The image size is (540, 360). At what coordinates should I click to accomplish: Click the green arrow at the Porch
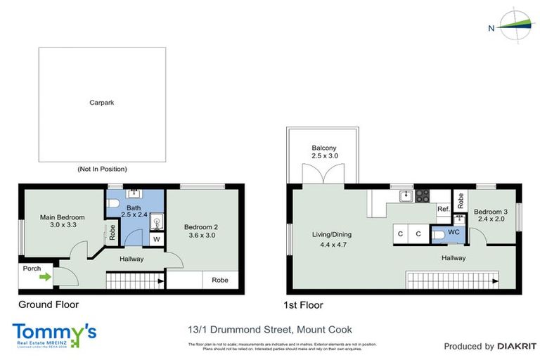pyautogui.click(x=44, y=277)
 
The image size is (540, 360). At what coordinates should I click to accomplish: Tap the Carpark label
pyautogui.click(x=102, y=103)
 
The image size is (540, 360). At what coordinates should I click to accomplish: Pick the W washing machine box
pyautogui.click(x=155, y=239)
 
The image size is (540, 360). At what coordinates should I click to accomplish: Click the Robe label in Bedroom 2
pyautogui.click(x=219, y=280)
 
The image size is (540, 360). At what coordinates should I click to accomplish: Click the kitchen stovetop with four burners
pyautogui.click(x=422, y=197)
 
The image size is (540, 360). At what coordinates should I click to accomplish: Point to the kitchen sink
pyautogui.click(x=405, y=197)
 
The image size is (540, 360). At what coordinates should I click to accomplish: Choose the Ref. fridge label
pyautogui.click(x=443, y=210)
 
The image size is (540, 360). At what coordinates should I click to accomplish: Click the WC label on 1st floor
pyautogui.click(x=454, y=231)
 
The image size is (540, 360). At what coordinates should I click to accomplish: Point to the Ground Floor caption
pyautogui.click(x=49, y=304)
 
